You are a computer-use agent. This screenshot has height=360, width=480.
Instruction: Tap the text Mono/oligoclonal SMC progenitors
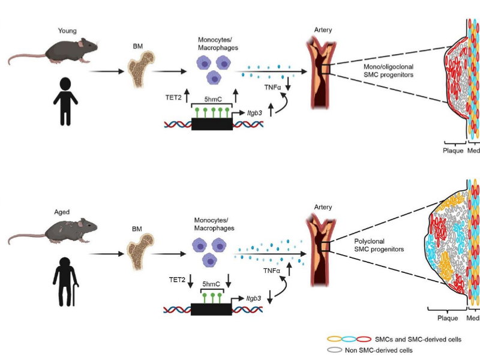point(385,70)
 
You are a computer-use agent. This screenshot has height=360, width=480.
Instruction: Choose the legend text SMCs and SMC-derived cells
point(417,339)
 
